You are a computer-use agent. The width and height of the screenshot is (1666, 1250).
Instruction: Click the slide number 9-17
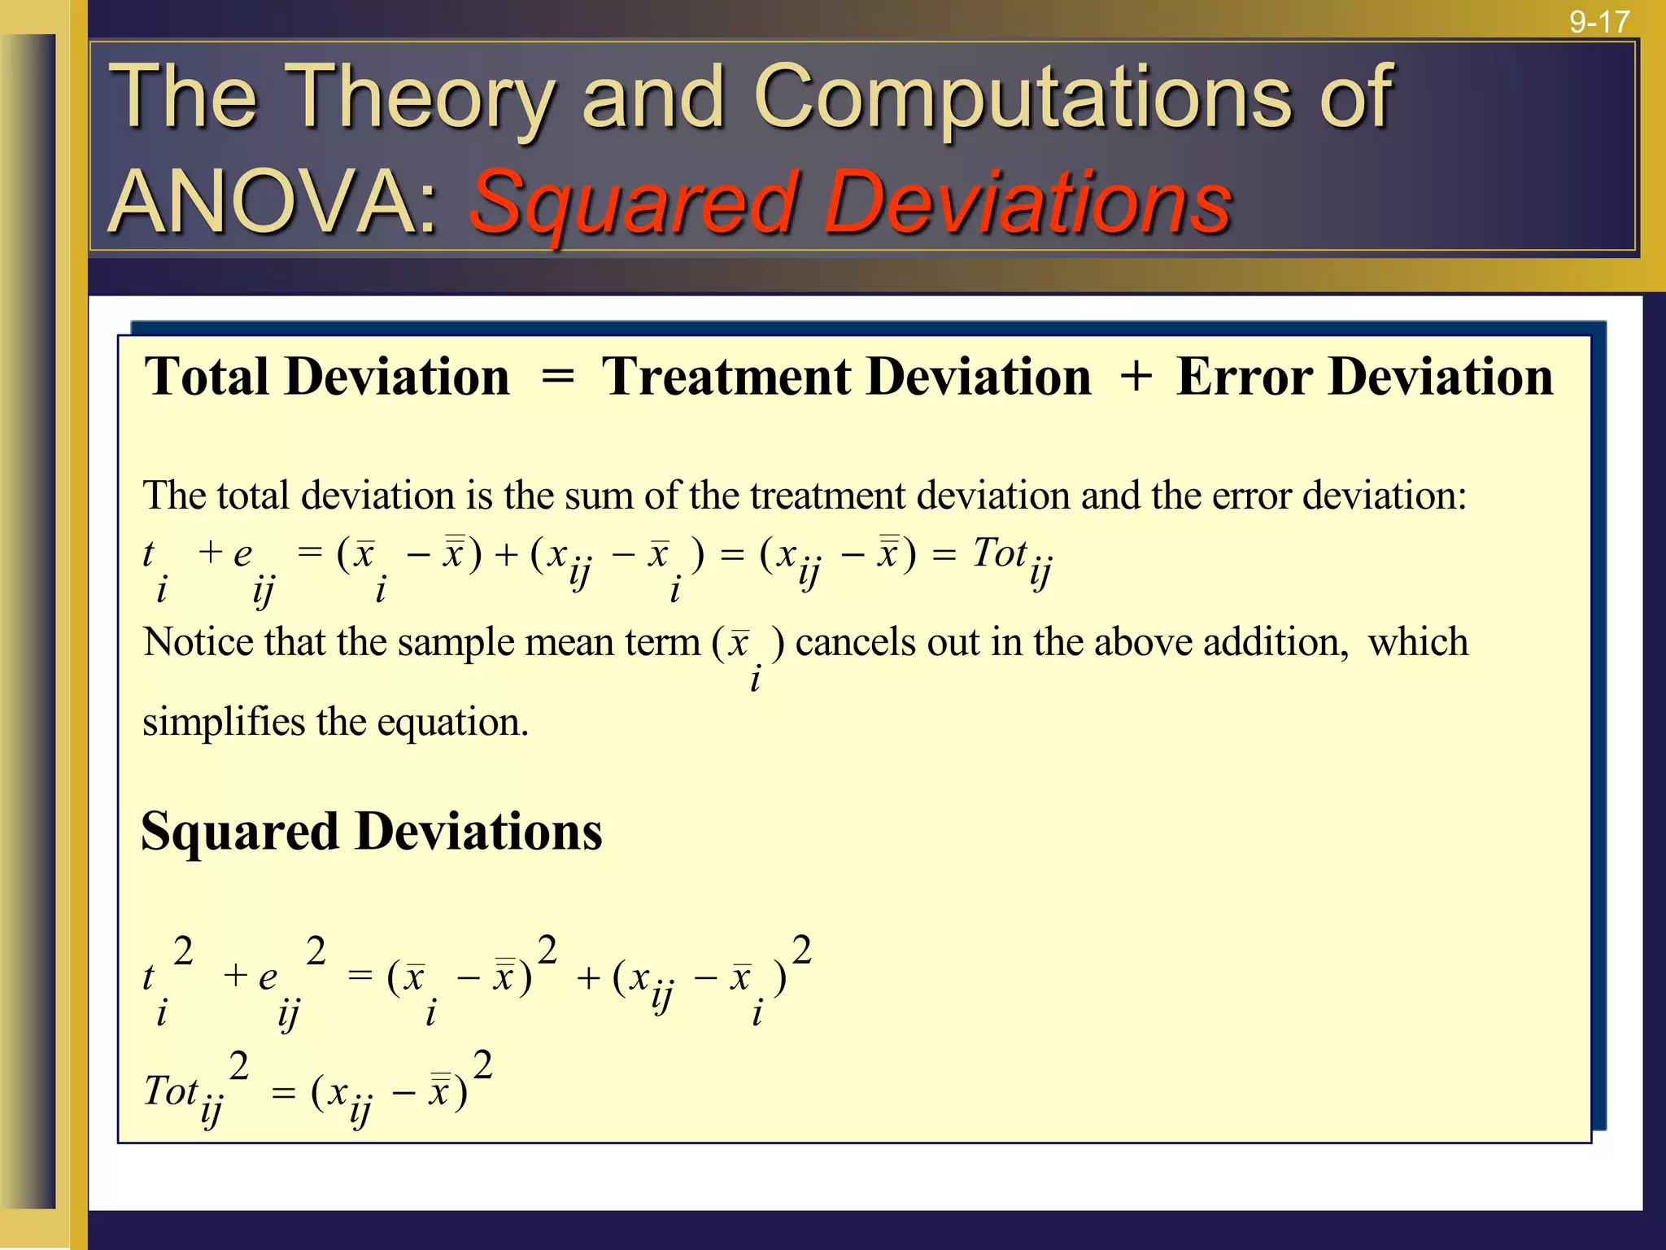(1599, 22)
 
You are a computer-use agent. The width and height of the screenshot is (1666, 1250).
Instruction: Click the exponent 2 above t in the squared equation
(183, 950)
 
